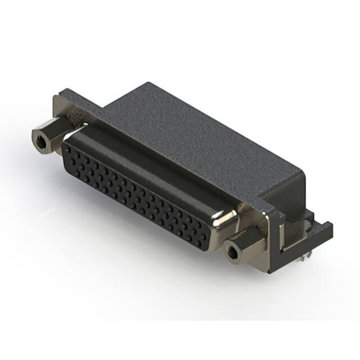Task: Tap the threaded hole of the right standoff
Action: (231, 252)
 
